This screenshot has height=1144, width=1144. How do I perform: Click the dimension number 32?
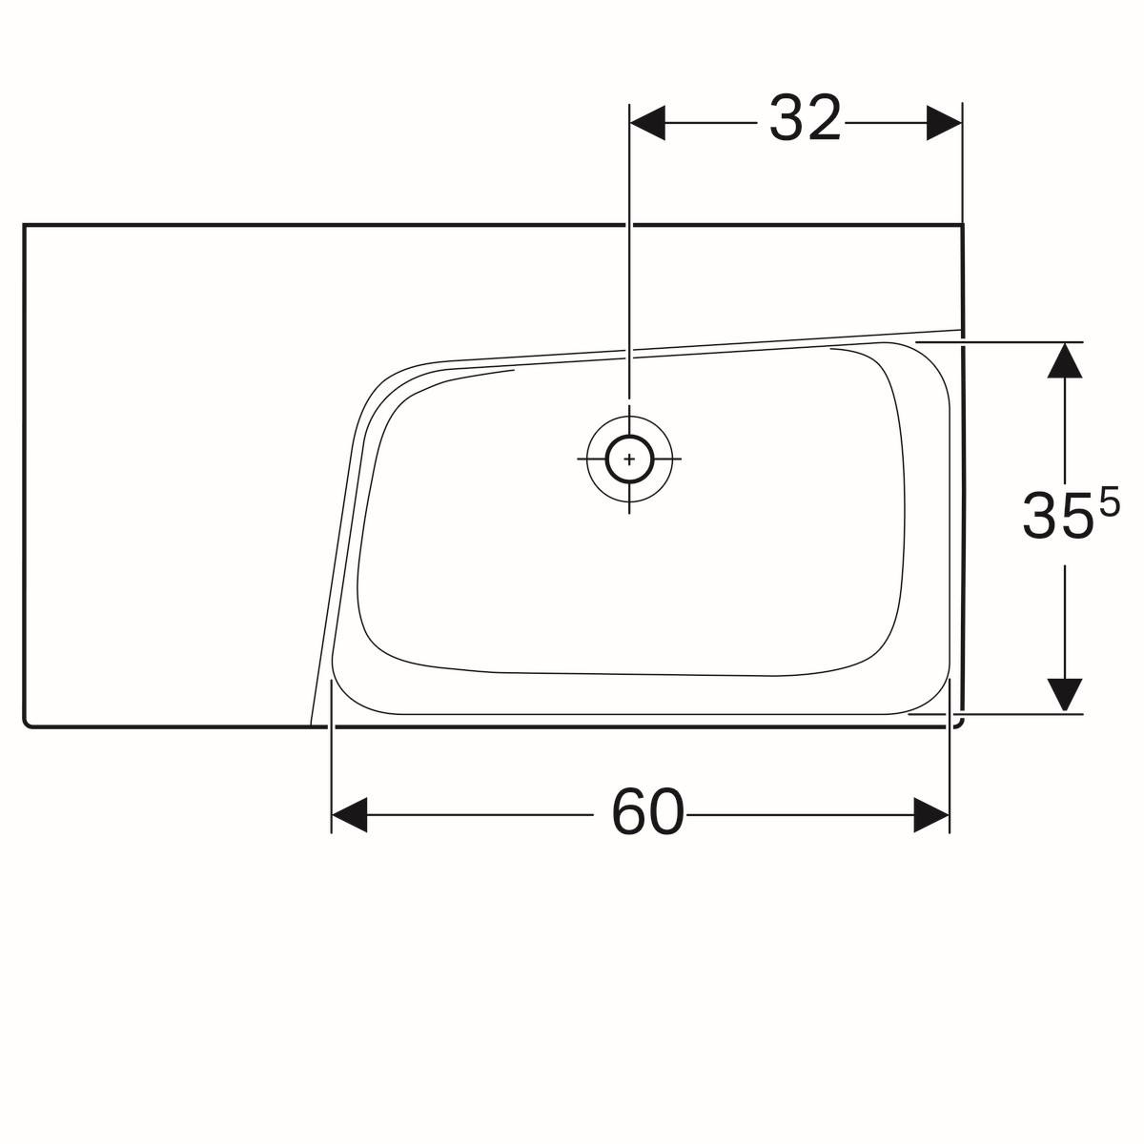805,119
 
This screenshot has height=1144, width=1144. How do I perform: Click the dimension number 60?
647,812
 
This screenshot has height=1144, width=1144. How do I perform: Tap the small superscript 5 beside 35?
1110,501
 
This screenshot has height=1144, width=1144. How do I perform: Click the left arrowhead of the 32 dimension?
647,123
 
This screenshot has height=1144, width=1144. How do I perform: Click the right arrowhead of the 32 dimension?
945,123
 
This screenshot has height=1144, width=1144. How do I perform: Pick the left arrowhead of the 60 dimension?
349,814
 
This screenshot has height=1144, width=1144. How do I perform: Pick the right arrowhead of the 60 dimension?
931,814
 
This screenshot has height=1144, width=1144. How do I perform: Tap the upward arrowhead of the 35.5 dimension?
1065,360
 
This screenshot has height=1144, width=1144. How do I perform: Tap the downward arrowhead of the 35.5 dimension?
1065,695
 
